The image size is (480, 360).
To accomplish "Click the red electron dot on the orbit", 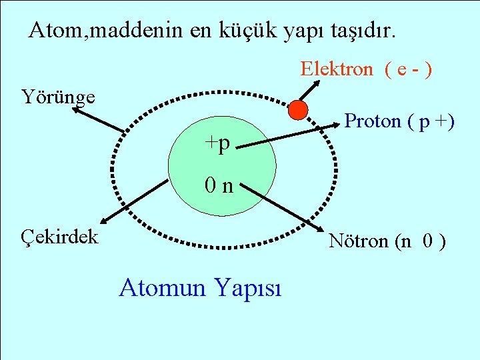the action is click(299, 109).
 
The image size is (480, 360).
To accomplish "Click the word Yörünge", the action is click(58, 97).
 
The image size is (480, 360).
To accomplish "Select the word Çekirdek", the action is click(59, 236).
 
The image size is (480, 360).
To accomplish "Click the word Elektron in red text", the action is click(337, 69).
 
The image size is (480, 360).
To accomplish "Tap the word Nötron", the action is click(359, 241).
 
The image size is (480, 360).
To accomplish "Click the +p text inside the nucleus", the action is click(217, 143).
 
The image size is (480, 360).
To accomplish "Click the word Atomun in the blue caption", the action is click(163, 288).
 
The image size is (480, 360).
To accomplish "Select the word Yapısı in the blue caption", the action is click(247, 289).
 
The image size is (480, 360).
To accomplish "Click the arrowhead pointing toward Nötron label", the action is click(323, 227).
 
